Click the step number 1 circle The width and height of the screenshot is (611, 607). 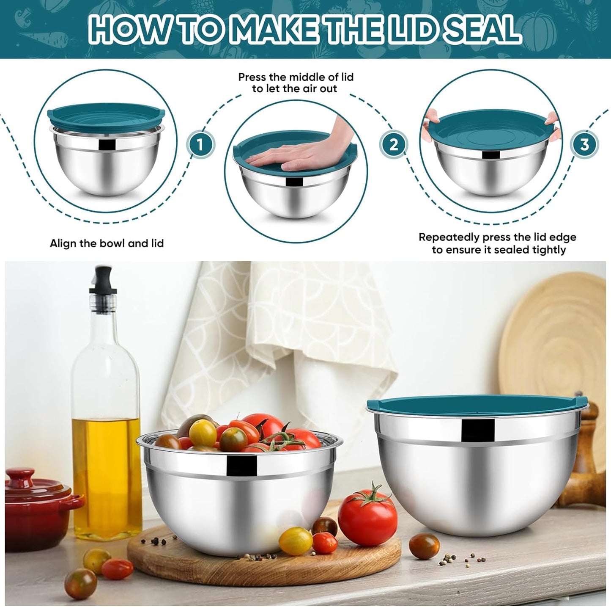201,145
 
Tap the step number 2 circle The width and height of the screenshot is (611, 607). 394,145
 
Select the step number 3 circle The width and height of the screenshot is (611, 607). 584,145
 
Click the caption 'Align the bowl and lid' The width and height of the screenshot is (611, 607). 107,243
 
